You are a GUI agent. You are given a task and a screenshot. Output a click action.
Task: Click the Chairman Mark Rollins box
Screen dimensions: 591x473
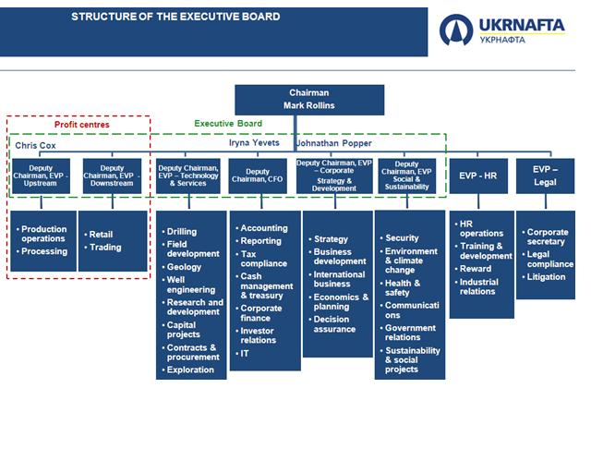309,100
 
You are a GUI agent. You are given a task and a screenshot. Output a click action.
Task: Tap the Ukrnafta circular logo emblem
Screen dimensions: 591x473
456,30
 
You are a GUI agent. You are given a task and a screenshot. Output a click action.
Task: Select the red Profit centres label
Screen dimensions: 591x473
82,125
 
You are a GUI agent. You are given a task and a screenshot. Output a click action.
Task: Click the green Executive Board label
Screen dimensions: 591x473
228,124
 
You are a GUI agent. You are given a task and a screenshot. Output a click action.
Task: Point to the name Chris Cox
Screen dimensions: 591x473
35,145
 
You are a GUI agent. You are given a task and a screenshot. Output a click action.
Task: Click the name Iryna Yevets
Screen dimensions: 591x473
254,142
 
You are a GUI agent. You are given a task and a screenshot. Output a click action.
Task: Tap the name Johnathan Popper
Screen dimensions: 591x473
334,143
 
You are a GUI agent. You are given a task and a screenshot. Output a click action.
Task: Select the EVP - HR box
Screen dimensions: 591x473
478,176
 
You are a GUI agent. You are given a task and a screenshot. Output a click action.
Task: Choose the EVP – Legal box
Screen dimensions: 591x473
545,176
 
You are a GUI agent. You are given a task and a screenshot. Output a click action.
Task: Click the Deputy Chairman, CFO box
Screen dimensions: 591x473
258,176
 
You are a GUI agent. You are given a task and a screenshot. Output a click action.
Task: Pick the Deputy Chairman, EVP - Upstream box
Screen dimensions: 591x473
41,176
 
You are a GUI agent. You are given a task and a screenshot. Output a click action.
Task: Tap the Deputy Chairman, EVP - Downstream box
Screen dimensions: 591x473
112,176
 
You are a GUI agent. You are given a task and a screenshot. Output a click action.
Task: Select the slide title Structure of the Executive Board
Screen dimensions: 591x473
175,17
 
